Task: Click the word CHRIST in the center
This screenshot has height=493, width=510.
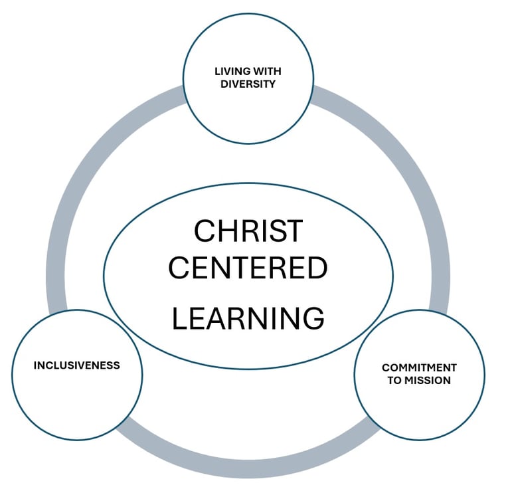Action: click(x=248, y=231)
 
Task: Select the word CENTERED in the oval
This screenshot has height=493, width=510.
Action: click(x=248, y=268)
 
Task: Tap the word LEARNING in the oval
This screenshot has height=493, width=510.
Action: click(x=248, y=318)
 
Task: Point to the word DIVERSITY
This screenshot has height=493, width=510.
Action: click(x=248, y=84)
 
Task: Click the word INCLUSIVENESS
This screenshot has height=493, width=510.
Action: click(x=77, y=365)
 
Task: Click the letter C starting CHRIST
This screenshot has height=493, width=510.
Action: click(x=203, y=231)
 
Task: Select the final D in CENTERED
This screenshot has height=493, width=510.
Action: click(x=317, y=268)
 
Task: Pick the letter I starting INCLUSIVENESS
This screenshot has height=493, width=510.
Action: click(x=35, y=365)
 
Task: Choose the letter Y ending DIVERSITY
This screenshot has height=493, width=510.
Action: click(x=272, y=84)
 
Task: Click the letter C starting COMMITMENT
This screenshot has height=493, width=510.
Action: click(x=386, y=367)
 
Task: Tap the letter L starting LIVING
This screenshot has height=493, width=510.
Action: click(x=216, y=71)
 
